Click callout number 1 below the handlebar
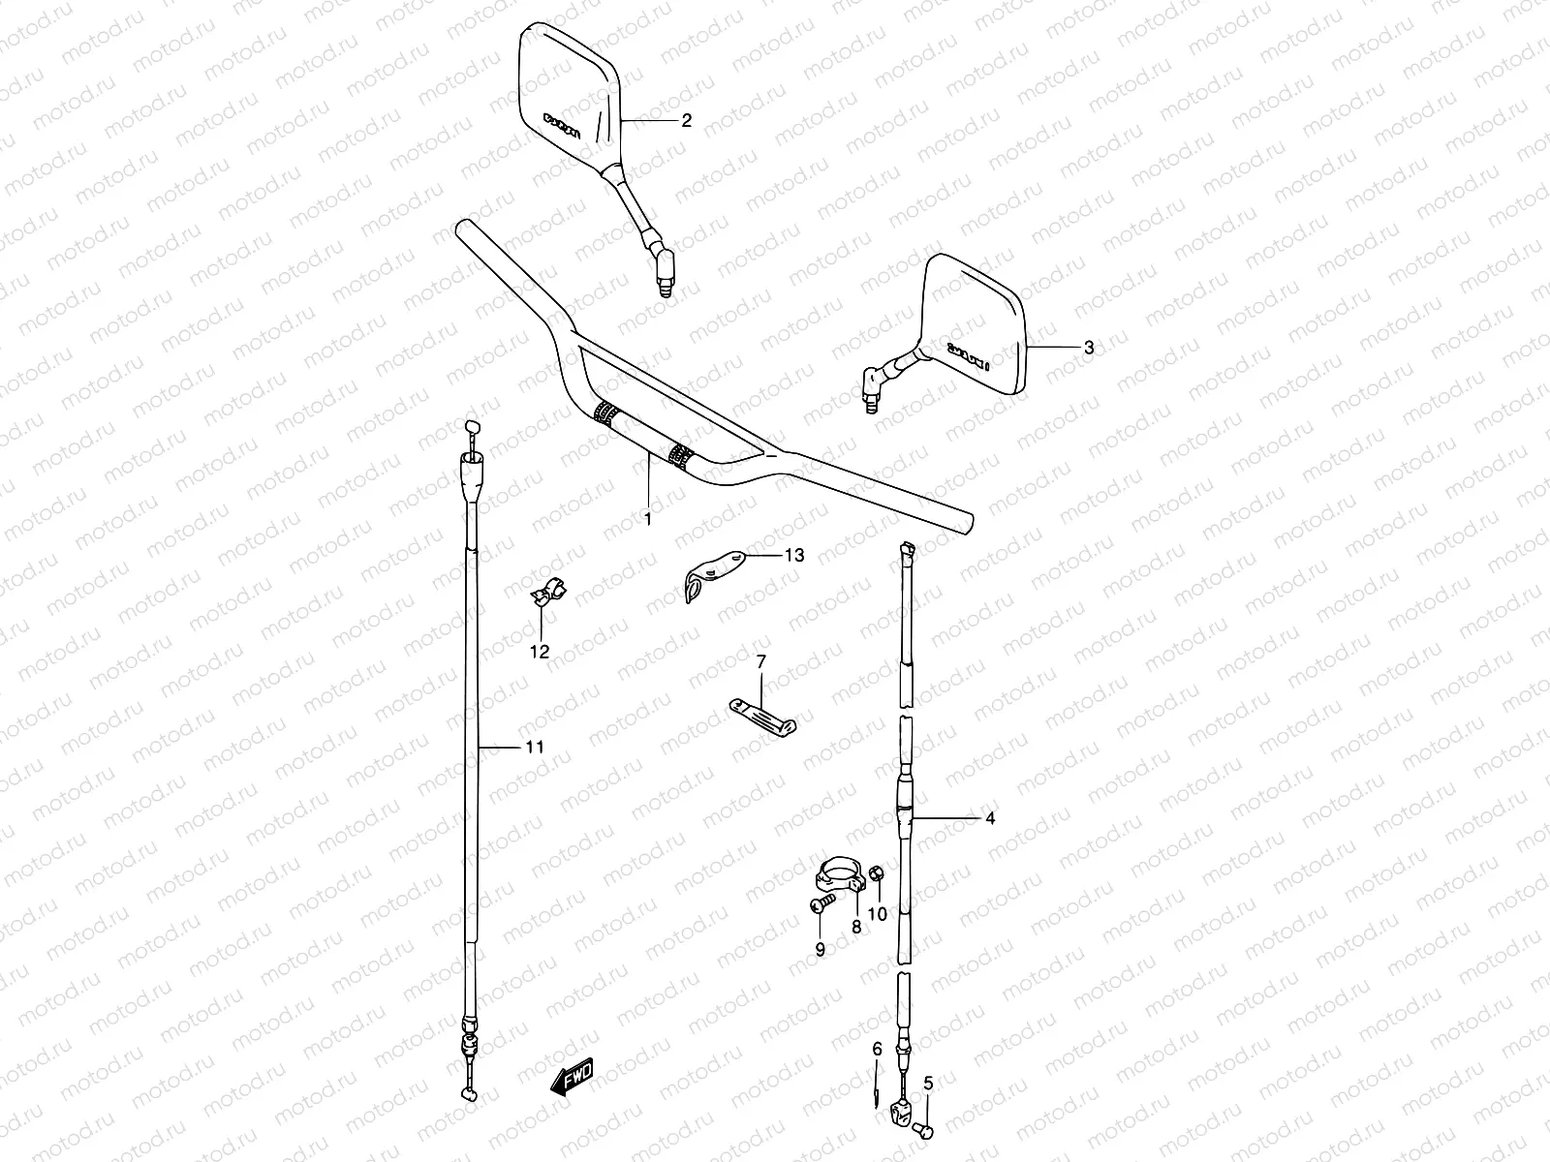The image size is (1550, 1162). pyautogui.click(x=648, y=519)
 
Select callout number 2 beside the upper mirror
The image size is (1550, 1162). pyautogui.click(x=687, y=121)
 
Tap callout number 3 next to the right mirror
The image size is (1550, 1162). pyautogui.click(x=1088, y=348)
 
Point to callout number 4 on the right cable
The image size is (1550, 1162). pyautogui.click(x=990, y=819)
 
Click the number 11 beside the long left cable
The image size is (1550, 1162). pyautogui.click(x=534, y=747)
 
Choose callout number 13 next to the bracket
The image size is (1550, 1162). pyautogui.click(x=794, y=556)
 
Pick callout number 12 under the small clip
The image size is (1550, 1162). pyautogui.click(x=540, y=652)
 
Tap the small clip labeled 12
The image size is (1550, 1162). pyautogui.click(x=548, y=593)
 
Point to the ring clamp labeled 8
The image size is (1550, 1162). pyautogui.click(x=838, y=872)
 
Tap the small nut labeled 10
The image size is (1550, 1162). pyautogui.click(x=876, y=873)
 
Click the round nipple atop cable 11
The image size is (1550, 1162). pyautogui.click(x=473, y=427)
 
